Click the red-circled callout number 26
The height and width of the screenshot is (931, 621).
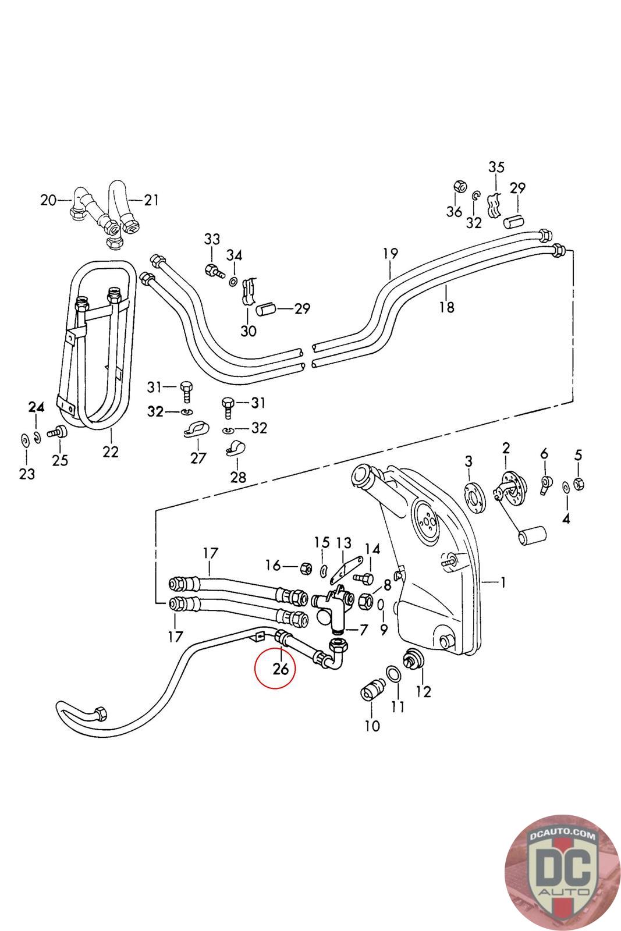click(281, 669)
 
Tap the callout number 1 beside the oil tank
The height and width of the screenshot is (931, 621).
click(503, 582)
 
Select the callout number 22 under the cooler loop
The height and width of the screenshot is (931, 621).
click(111, 452)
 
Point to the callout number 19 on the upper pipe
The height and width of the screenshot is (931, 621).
click(391, 254)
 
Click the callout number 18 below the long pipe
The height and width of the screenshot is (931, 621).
click(447, 307)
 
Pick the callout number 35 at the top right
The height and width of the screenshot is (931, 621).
click(496, 168)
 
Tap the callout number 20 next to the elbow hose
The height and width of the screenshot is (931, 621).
click(48, 200)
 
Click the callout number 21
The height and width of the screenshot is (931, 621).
click(151, 200)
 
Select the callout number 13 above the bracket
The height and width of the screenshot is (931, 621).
click(344, 543)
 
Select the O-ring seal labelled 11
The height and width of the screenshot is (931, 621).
click(395, 674)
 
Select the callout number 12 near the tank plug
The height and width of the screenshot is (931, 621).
click(424, 691)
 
